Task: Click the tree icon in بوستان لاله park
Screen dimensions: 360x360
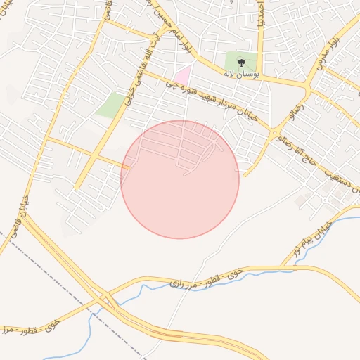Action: [x=242, y=62]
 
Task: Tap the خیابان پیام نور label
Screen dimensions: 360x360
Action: [x=302, y=241]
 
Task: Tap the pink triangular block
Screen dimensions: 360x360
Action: [x=183, y=75]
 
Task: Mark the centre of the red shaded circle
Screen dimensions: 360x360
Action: [x=180, y=179]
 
